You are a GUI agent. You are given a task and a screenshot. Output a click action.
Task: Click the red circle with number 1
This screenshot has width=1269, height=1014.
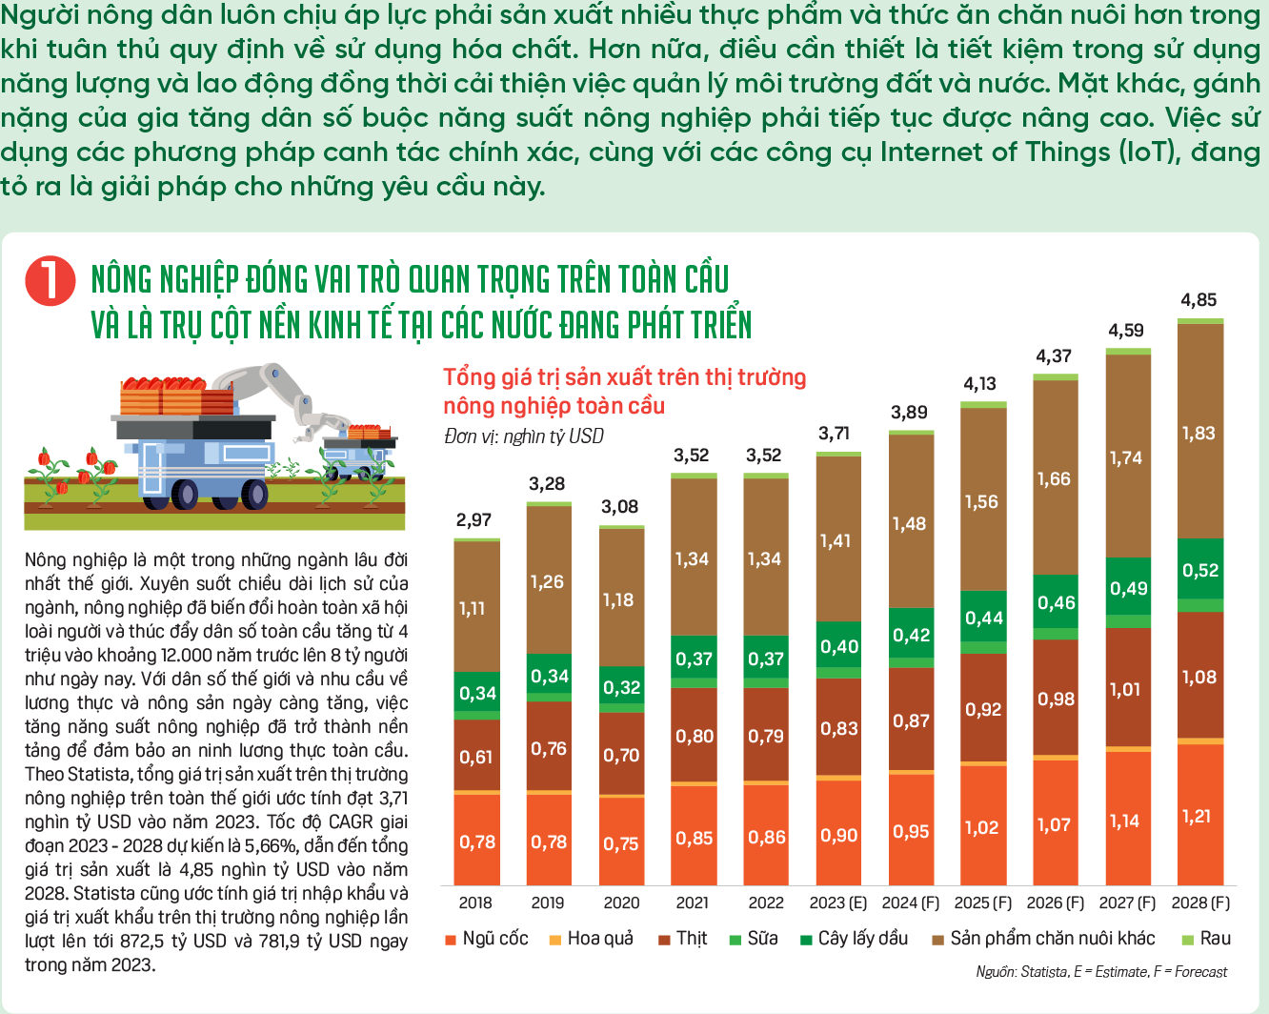coord(50,281)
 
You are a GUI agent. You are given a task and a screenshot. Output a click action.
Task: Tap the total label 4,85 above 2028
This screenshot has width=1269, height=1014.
coord(1198,300)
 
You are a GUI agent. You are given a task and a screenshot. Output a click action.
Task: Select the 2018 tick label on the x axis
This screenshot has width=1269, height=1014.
coord(475,902)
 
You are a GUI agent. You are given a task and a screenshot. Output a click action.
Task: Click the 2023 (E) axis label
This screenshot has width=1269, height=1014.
coord(838,902)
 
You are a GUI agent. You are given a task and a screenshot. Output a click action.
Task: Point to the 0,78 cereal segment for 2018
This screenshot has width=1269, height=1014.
coord(477,840)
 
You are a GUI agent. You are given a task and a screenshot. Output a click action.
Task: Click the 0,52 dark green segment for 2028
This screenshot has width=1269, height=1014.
coord(1200,569)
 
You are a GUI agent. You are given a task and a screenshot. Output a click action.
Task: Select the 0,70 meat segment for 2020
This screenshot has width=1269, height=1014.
coord(621,755)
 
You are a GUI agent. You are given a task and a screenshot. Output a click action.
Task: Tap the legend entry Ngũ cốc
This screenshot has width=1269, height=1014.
coord(487,939)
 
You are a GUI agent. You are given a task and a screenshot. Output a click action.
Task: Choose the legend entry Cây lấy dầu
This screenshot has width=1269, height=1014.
coord(854,939)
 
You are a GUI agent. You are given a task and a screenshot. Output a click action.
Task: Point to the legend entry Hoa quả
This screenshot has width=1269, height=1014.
coord(591,939)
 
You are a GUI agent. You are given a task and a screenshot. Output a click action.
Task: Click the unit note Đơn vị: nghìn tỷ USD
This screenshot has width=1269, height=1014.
coord(524,436)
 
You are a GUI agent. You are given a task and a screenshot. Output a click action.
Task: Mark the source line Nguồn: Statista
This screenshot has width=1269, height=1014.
coord(1022,971)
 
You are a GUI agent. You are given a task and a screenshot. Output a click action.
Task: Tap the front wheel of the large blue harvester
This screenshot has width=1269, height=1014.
coord(254,494)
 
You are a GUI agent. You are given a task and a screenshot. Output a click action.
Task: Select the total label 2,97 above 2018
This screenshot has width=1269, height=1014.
coord(473,519)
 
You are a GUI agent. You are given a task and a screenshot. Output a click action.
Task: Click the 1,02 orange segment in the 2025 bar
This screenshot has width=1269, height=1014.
coord(983,826)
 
